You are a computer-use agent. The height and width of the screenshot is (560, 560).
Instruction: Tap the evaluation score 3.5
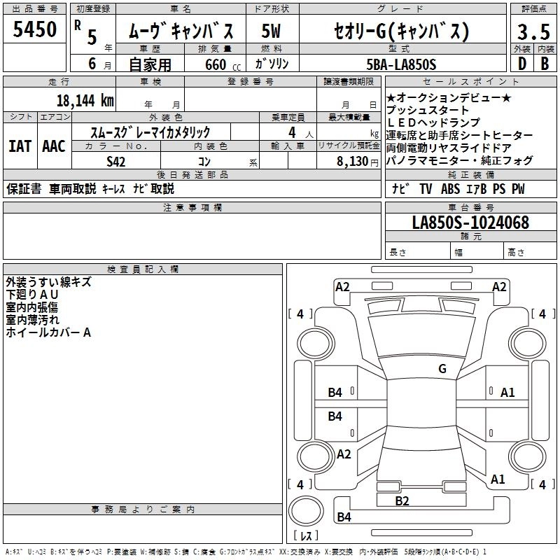[x=532, y=31]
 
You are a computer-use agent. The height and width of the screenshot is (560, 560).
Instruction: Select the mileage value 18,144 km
[x=85, y=100]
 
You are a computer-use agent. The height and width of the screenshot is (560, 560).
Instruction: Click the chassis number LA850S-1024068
[x=470, y=223]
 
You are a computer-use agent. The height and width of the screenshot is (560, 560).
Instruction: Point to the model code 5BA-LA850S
[x=401, y=64]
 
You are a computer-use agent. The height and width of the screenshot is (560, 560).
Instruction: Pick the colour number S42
[x=117, y=162]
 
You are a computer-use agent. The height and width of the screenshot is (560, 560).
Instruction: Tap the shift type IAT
[x=20, y=146]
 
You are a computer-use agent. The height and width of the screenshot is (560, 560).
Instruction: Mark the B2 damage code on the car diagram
[x=402, y=500]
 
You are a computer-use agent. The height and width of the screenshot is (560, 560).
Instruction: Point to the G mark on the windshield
[x=442, y=368]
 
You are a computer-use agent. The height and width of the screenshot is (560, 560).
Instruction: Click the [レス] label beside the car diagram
[x=306, y=537]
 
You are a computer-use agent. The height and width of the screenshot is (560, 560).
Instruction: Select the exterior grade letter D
[x=521, y=64]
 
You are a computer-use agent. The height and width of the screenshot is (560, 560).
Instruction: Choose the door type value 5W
[x=271, y=31]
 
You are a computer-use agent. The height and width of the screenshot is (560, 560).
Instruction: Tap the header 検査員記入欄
[x=143, y=269]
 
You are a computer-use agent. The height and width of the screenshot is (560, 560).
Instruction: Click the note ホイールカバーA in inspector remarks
[x=48, y=333]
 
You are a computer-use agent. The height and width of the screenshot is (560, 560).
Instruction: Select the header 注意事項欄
[x=192, y=208]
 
